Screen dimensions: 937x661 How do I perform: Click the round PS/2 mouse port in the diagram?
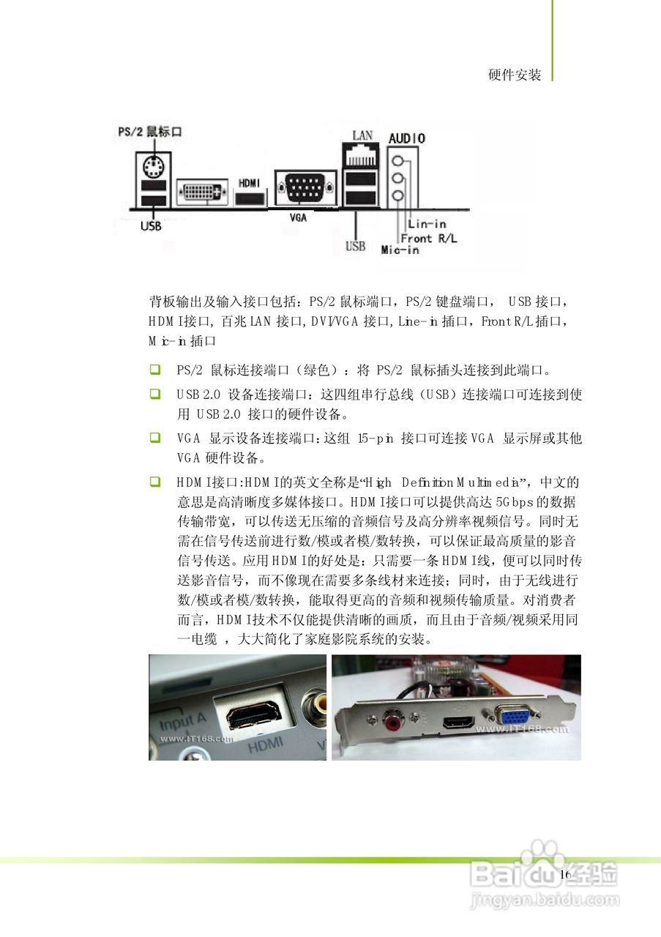(152, 168)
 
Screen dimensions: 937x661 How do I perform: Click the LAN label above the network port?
(362, 135)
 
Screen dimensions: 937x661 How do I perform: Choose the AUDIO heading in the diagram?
(407, 138)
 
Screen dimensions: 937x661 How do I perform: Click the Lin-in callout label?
(427, 224)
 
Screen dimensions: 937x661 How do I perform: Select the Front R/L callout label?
(427, 238)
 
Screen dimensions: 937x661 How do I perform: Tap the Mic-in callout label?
(400, 250)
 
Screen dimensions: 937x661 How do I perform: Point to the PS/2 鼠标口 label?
(149, 132)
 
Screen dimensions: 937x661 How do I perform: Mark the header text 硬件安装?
(515, 75)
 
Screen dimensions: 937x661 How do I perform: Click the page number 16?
(564, 875)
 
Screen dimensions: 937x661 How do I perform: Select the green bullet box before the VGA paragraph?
(154, 438)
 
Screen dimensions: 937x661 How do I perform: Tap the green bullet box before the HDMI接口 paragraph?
(154, 482)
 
